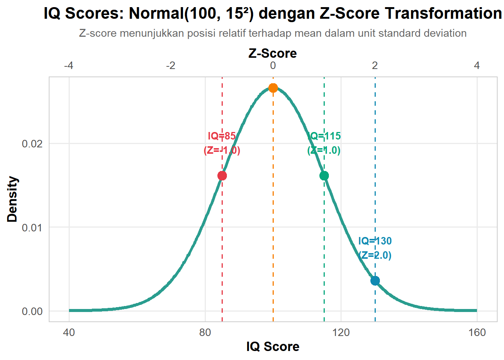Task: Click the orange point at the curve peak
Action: pyautogui.click(x=273, y=88)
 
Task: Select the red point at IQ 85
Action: pyautogui.click(x=222, y=175)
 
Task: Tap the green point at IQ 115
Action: pyautogui.click(x=324, y=175)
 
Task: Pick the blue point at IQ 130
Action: pyautogui.click(x=375, y=280)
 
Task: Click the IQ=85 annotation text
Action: pyautogui.click(x=222, y=136)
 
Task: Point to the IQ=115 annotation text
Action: pyautogui.click(x=324, y=136)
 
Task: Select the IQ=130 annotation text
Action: pyautogui.click(x=375, y=241)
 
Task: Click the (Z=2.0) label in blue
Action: pyautogui.click(x=375, y=255)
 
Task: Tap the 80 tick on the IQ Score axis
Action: pyautogui.click(x=205, y=333)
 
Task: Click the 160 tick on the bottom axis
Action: pyautogui.click(x=477, y=333)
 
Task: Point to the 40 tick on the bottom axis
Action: pyautogui.click(x=69, y=333)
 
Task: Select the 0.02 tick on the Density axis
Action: pyautogui.click(x=32, y=144)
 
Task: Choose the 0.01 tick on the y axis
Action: pyautogui.click(x=32, y=228)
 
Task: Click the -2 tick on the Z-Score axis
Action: pyautogui.click(x=171, y=66)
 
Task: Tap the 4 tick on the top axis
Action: pyautogui.click(x=477, y=66)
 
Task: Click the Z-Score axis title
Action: pyautogui.click(x=273, y=53)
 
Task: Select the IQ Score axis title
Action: pyautogui.click(x=273, y=346)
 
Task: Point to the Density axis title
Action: pyautogui.click(x=12, y=199)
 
